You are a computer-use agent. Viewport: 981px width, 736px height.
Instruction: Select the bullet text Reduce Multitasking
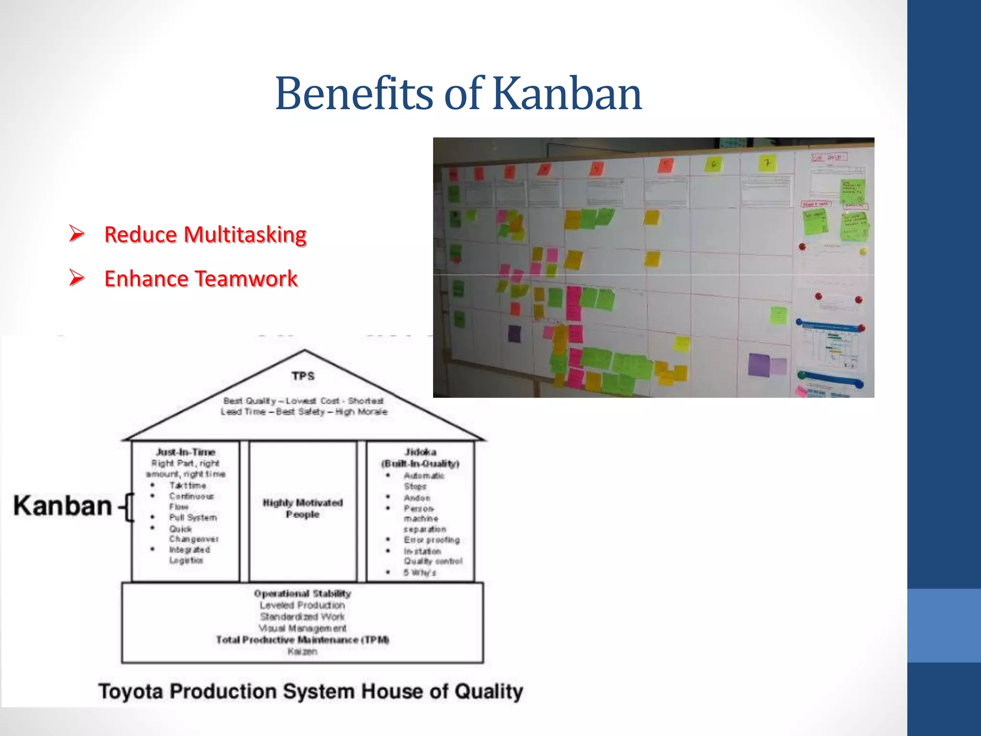click(x=205, y=235)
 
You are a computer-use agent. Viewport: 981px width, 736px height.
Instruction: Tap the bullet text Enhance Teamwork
click(x=201, y=279)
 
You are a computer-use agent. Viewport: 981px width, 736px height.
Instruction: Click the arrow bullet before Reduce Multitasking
click(x=77, y=234)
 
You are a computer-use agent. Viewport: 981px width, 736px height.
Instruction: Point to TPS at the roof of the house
click(x=303, y=376)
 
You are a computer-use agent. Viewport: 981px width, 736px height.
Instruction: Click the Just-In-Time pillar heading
click(x=185, y=452)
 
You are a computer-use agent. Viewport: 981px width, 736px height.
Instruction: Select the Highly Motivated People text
click(x=303, y=508)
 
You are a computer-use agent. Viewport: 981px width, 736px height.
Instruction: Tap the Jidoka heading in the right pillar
click(x=420, y=452)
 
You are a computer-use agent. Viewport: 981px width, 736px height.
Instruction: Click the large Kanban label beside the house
click(x=62, y=506)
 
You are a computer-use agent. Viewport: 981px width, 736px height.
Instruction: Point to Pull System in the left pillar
click(x=193, y=517)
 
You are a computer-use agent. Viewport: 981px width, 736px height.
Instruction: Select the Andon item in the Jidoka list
click(x=417, y=498)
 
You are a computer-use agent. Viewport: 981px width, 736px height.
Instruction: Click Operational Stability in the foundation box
click(x=303, y=594)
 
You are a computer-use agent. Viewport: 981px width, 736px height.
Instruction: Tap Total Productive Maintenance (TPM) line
click(x=303, y=640)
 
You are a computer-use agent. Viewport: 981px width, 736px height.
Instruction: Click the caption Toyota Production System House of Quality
click(x=310, y=691)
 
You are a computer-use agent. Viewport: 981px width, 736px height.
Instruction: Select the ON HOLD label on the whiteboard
click(x=829, y=157)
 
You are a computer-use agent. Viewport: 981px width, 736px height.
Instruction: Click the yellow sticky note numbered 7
click(x=767, y=163)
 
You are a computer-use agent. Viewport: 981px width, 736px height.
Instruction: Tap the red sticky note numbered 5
click(x=665, y=165)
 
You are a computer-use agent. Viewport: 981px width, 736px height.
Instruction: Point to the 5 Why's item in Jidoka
click(x=420, y=573)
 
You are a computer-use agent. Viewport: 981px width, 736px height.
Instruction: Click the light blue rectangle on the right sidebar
click(x=944, y=625)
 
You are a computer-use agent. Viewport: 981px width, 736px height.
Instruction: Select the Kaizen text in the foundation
click(x=302, y=651)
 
